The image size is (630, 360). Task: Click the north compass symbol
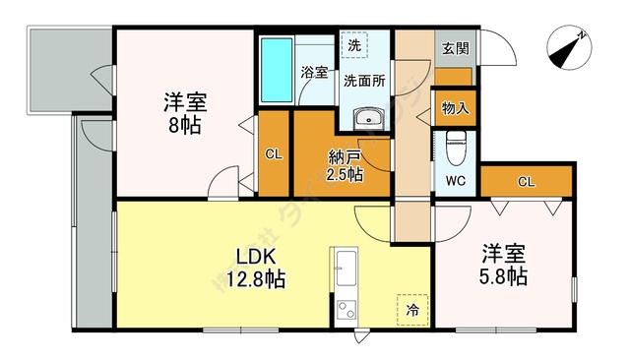[x=568, y=50]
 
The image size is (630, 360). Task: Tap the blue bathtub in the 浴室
[x=276, y=71]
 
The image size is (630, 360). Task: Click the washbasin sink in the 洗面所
[x=370, y=120]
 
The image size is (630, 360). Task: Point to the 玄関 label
[x=454, y=48]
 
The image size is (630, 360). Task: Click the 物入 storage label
[x=454, y=108]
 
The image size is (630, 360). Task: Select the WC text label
[x=455, y=182]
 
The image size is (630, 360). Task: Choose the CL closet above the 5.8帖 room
[x=526, y=181]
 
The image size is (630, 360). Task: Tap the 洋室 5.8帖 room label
[x=503, y=264]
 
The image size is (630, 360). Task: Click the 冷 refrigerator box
[x=411, y=310]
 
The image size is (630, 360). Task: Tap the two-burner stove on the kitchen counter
[x=346, y=310]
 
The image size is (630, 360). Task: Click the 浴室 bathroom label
[x=314, y=72]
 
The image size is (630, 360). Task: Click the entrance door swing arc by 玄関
[x=501, y=49]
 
